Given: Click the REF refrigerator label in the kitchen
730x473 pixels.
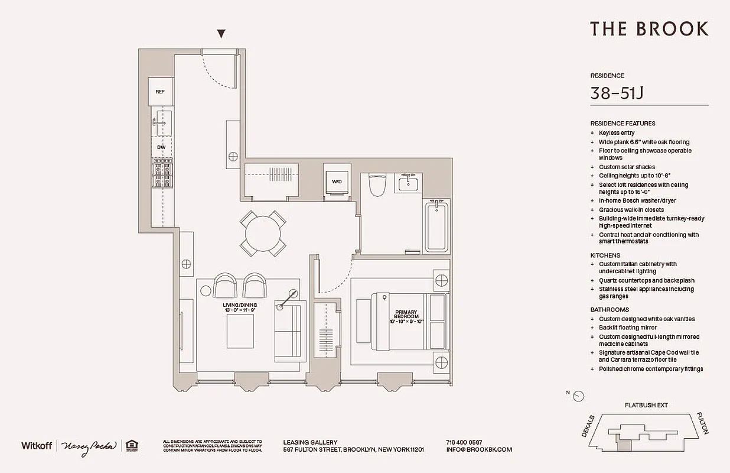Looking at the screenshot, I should [x=160, y=92].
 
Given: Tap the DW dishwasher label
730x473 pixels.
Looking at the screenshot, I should [x=161, y=147].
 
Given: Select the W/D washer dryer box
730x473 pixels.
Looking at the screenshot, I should [x=337, y=181].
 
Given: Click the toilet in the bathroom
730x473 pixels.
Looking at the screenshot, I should [x=376, y=186].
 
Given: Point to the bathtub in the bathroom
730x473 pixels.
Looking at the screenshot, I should [x=437, y=227].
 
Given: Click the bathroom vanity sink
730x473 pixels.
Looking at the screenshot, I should [x=408, y=183].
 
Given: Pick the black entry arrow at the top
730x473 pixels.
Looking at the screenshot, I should [x=221, y=34].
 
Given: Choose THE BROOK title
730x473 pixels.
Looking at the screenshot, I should [x=649, y=28].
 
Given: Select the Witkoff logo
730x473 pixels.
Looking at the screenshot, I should [x=37, y=445].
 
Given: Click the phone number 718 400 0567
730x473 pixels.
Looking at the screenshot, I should [x=464, y=442].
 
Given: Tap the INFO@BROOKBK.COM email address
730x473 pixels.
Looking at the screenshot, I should [x=479, y=449].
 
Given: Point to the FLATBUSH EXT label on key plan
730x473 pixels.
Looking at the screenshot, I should [x=646, y=406].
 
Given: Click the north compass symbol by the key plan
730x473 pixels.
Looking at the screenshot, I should [x=578, y=396].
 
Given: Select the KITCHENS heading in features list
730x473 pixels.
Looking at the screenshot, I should [x=605, y=255].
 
